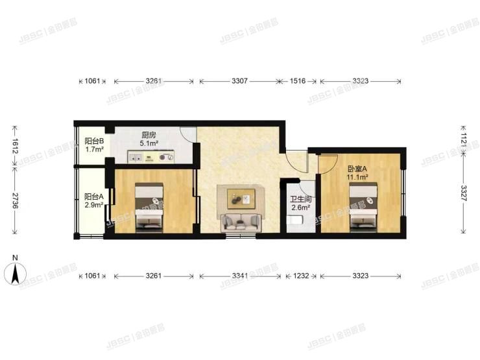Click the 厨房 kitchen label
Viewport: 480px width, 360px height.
click(x=149, y=136)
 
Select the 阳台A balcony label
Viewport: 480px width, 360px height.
click(x=94, y=197)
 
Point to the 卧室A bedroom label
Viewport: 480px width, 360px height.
click(x=357, y=168)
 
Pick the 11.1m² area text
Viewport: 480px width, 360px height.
click(x=357, y=176)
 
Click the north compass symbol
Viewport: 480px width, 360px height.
click(x=15, y=272)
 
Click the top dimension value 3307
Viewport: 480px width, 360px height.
click(x=239, y=82)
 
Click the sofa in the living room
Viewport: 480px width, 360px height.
click(x=239, y=222)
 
